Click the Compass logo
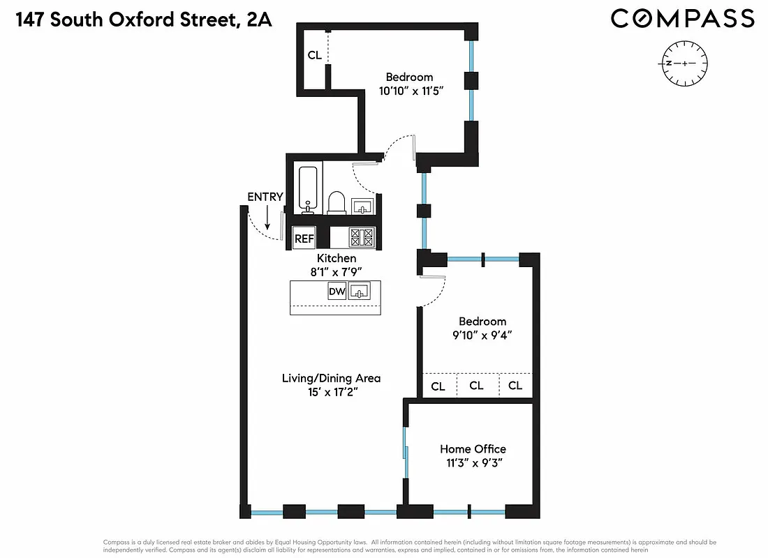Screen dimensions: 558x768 [682, 19]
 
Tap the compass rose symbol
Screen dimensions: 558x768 [685, 63]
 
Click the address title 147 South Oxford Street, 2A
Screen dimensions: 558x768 [142, 20]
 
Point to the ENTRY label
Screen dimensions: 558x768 [265, 197]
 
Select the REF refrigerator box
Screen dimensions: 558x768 [304, 239]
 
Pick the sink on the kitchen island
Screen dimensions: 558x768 [359, 292]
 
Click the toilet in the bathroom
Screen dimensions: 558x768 [337, 202]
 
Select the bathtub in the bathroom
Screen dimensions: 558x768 [308, 189]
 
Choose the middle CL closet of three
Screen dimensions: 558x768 [476, 386]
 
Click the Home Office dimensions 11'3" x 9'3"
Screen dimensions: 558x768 [473, 462]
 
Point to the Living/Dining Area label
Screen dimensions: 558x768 [331, 378]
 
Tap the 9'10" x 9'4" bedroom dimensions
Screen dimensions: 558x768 [478, 335]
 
